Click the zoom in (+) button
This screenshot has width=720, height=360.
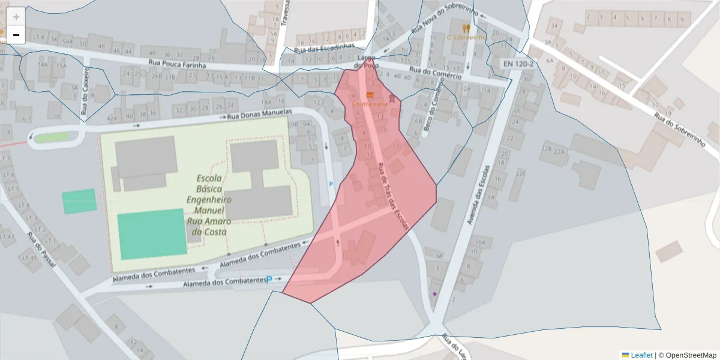point(16,17)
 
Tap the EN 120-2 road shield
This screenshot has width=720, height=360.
point(517,63)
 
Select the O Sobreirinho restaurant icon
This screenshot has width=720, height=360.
point(466,28)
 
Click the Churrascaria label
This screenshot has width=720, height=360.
point(369,104)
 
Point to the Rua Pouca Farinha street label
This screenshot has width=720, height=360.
point(177,65)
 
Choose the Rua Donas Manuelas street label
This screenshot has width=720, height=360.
point(259,115)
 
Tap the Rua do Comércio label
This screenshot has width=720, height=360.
point(436,73)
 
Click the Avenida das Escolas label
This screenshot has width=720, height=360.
point(476,195)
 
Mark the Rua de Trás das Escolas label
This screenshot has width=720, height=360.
point(393,197)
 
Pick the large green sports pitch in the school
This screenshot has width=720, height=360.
point(152,233)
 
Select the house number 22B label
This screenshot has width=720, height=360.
point(546,148)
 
